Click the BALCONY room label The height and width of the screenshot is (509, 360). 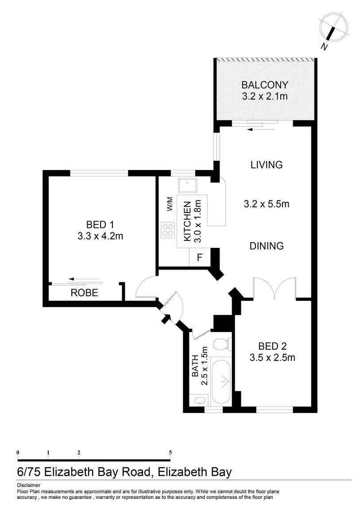(264, 85)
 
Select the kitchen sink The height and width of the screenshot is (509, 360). (187, 185)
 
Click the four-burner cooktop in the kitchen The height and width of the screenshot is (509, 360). (168, 230)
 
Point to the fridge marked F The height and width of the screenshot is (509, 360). (199, 258)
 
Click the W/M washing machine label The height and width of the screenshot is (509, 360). (170, 204)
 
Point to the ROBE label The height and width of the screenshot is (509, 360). (84, 293)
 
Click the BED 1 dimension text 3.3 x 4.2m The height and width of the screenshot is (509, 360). (101, 236)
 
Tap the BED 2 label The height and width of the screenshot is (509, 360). (272, 346)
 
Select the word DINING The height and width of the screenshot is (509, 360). (267, 246)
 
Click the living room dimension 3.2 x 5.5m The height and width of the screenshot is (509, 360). (267, 204)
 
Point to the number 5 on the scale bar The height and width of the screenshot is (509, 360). (170, 452)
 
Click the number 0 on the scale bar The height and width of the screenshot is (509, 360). (18, 452)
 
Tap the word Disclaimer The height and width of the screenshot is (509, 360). (29, 485)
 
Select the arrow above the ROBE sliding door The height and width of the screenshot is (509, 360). (84, 279)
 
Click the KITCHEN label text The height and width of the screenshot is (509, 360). (187, 221)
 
